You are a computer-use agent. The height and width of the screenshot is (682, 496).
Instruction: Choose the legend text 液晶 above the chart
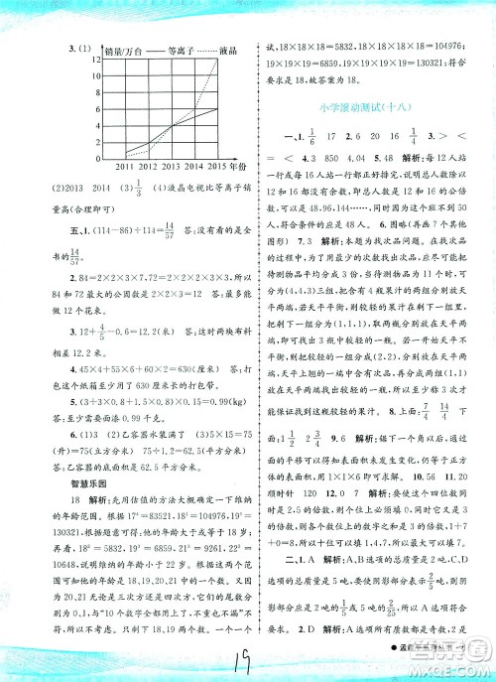232,47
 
